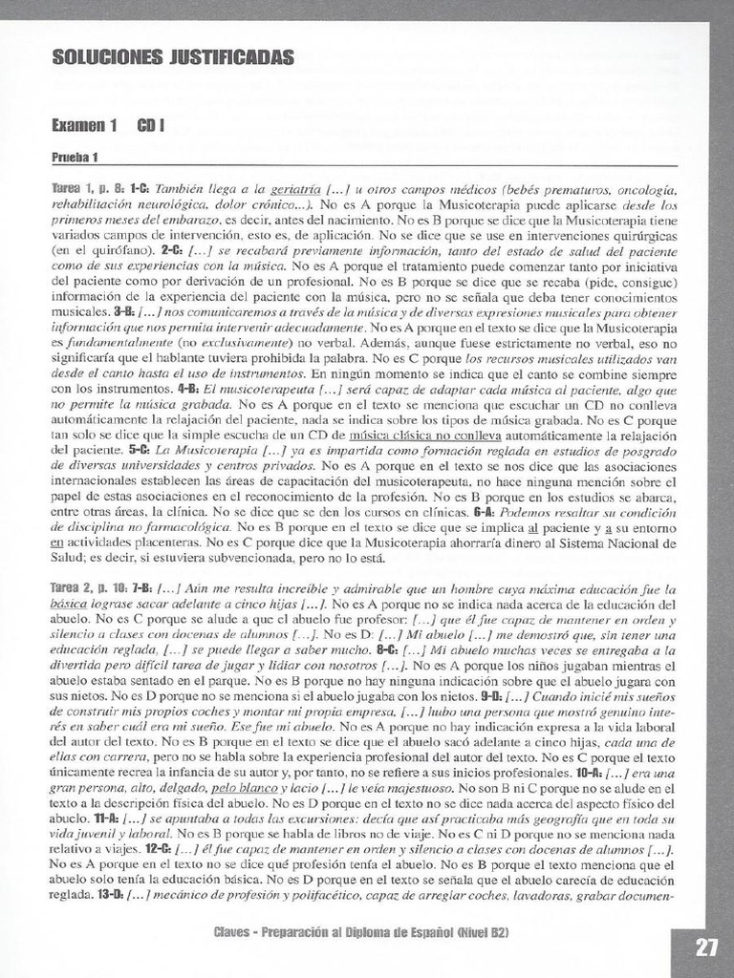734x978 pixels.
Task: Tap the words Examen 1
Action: click(x=85, y=125)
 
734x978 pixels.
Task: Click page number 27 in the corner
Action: click(x=707, y=948)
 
